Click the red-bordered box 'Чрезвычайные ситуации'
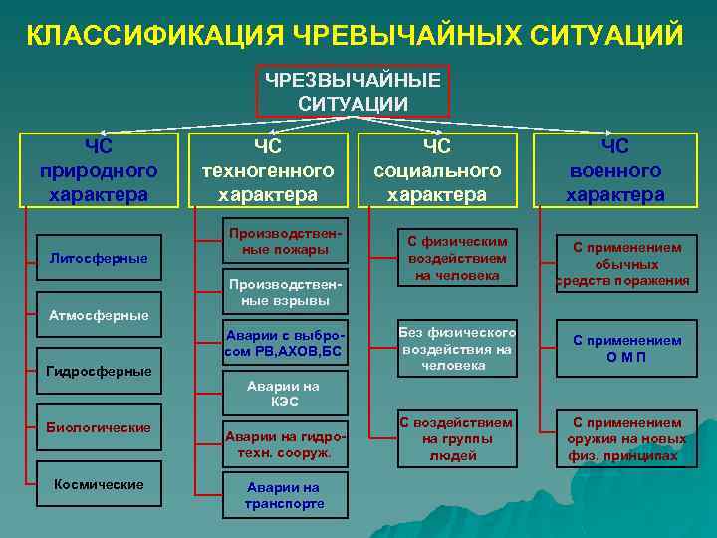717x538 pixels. (x=357, y=91)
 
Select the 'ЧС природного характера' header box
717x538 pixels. (x=99, y=170)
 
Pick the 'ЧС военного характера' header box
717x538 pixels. (x=614, y=170)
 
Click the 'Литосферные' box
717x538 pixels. (x=99, y=259)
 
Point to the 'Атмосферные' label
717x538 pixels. (x=99, y=315)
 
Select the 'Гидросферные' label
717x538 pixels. (x=99, y=371)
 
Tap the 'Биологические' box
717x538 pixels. (x=99, y=427)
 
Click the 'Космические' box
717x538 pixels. (x=99, y=484)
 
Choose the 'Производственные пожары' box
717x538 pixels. (x=285, y=240)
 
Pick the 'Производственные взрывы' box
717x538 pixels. (x=285, y=290)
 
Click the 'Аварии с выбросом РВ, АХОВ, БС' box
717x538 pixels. (x=285, y=343)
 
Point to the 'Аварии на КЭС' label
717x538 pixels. (x=285, y=394)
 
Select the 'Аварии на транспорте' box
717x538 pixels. (x=285, y=495)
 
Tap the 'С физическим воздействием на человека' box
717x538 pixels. (x=458, y=258)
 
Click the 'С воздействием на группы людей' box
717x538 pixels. (x=456, y=438)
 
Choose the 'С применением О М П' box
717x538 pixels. (x=627, y=348)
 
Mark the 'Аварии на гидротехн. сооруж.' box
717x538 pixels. (x=285, y=444)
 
